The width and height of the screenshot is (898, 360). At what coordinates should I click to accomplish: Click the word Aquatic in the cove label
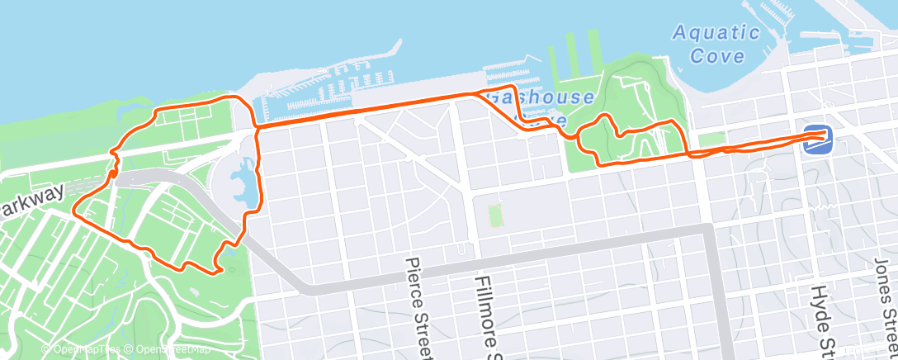coord(716,34)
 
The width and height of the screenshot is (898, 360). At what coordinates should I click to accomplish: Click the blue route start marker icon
coord(815,140)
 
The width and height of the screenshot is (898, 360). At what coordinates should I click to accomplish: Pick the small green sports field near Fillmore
coord(496,216)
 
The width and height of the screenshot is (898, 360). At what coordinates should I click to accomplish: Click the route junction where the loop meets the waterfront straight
coord(255,126)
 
